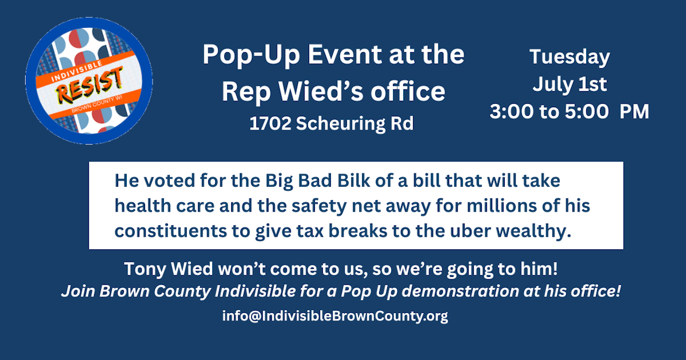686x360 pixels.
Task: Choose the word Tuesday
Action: point(569,57)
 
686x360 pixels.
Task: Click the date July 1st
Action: point(569,85)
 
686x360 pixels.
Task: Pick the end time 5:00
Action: point(586,112)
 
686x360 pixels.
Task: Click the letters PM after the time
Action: point(634,112)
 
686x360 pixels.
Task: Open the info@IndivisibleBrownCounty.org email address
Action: point(335,316)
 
